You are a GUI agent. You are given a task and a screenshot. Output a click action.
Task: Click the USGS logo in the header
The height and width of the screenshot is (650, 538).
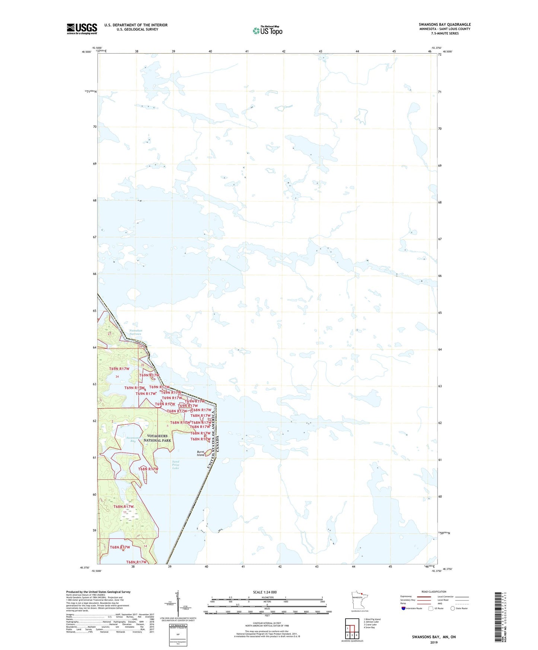coord(82,29)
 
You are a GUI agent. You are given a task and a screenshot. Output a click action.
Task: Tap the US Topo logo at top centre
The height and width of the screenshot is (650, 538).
coord(267,31)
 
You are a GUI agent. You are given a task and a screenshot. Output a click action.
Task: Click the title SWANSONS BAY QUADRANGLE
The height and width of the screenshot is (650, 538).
coord(445,25)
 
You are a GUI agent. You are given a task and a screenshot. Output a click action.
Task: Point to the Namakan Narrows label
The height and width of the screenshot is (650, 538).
coord(136,332)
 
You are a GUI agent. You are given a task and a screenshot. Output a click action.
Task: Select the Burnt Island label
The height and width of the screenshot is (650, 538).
coord(201,453)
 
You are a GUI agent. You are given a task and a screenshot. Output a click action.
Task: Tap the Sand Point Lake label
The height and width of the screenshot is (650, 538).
coord(176,465)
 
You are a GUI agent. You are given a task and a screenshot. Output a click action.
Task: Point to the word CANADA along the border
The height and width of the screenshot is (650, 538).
coord(218,444)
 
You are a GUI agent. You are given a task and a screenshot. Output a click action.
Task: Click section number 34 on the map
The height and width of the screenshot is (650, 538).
coord(117,377)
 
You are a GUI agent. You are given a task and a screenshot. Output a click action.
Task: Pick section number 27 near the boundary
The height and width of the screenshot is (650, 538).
coord(109,334)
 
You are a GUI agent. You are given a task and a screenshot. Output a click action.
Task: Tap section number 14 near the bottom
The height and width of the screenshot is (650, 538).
coord(146,546)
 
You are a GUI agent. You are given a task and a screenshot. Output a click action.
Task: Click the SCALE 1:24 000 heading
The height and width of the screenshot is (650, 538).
coord(265,592)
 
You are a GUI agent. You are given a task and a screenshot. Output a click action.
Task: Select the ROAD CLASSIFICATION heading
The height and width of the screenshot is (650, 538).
coord(434,592)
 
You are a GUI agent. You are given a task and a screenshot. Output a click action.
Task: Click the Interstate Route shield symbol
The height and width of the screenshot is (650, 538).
coord(403,608)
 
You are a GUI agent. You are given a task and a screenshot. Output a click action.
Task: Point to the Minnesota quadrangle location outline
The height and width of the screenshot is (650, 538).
coord(359,600)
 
